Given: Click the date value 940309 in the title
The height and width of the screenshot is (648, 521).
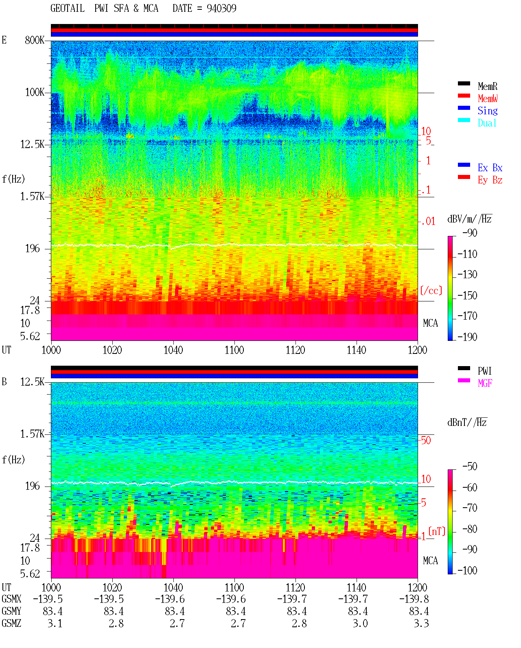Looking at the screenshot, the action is pyautogui.click(x=221, y=8).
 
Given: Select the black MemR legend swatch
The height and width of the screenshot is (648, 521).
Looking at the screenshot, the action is pyautogui.click(x=464, y=83).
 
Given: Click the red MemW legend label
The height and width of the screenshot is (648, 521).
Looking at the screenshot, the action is pyautogui.click(x=488, y=98).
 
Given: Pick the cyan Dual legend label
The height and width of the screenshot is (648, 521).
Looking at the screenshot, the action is pyautogui.click(x=487, y=123).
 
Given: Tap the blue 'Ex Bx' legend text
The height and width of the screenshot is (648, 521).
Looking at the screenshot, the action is pyautogui.click(x=490, y=168).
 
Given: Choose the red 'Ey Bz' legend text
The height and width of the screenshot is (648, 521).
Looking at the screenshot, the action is pyautogui.click(x=490, y=180).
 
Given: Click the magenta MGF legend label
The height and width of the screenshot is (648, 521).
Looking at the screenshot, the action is pyautogui.click(x=485, y=383).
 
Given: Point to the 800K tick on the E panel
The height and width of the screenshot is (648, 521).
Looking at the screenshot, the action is pyautogui.click(x=35, y=40).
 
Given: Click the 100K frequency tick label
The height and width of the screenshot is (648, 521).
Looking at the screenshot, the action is pyautogui.click(x=35, y=92).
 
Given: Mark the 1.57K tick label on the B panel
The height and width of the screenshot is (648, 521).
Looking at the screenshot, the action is pyautogui.click(x=32, y=434).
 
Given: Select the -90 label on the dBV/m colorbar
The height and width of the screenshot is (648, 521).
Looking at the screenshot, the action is pyautogui.click(x=470, y=233).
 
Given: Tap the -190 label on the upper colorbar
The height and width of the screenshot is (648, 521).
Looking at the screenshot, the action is pyautogui.click(x=467, y=337).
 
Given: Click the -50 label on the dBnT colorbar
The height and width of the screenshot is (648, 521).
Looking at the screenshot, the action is pyautogui.click(x=470, y=466).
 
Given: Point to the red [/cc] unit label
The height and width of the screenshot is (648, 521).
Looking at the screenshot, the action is pyautogui.click(x=431, y=290).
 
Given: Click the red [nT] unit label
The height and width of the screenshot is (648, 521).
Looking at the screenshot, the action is pyautogui.click(x=437, y=531).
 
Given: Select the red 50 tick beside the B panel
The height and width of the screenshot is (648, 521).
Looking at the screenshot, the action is pyautogui.click(x=426, y=440).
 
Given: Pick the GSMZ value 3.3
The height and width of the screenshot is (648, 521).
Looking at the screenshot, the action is pyautogui.click(x=421, y=623).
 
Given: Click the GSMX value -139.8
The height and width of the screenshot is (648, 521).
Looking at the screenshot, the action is pyautogui.click(x=414, y=599).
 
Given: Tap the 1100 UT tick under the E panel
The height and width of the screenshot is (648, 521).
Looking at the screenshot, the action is pyautogui.click(x=234, y=350).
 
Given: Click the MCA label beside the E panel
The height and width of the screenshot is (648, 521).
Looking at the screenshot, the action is pyautogui.click(x=430, y=323).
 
